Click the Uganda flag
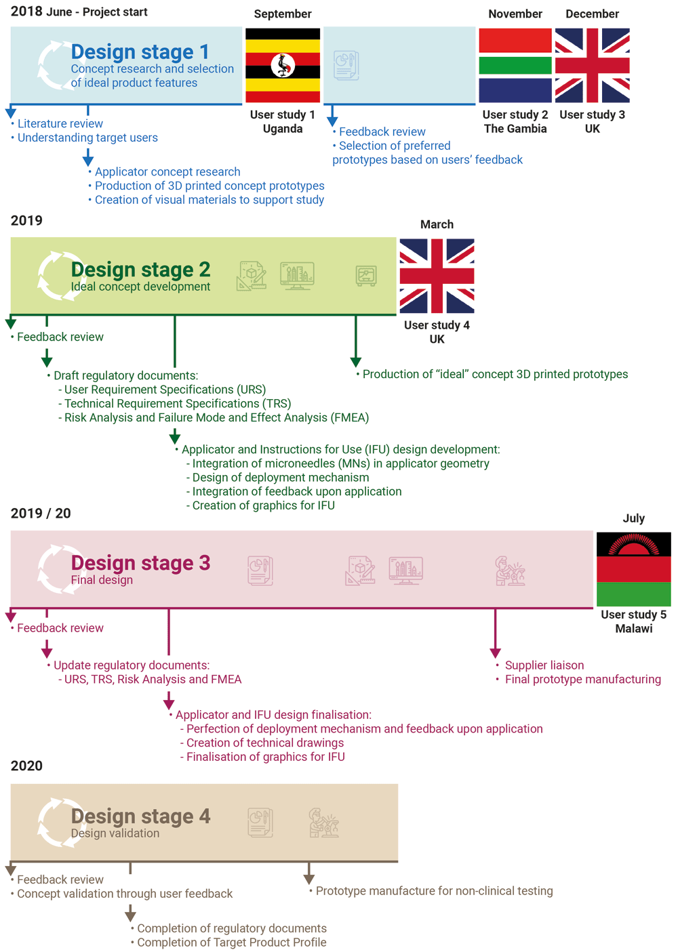pyautogui.click(x=283, y=65)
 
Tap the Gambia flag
pyautogui.click(x=515, y=65)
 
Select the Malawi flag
pyautogui.click(x=633, y=569)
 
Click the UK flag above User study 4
pyautogui.click(x=437, y=276)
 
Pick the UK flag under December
pyautogui.click(x=592, y=65)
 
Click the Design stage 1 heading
pyautogui.click(x=140, y=52)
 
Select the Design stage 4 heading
pyautogui.click(x=140, y=816)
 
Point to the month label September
pyautogui.click(x=283, y=14)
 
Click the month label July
pyautogui.click(x=633, y=518)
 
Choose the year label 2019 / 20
pyautogui.click(x=41, y=514)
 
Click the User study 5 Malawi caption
pyautogui.click(x=633, y=621)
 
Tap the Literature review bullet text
pyautogui.click(x=60, y=124)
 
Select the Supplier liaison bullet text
pyautogui.click(x=544, y=665)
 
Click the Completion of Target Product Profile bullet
pyautogui.click(x=231, y=943)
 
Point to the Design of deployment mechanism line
pyautogui.click(x=281, y=478)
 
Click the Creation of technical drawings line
pyautogui.click(x=264, y=743)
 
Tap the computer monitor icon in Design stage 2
pyautogui.click(x=297, y=276)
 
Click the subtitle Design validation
pyautogui.click(x=115, y=833)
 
